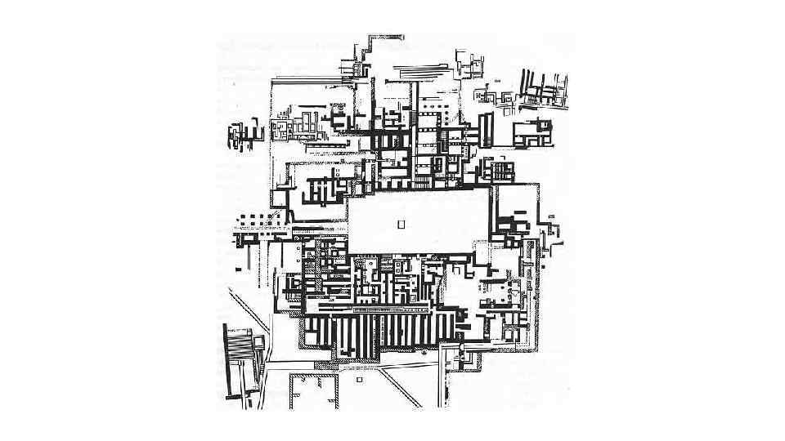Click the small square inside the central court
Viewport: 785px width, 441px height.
pyautogui.click(x=401, y=224)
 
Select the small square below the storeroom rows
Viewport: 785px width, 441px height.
pyautogui.click(x=358, y=380)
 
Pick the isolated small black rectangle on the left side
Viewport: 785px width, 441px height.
pyautogui.click(x=237, y=267)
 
